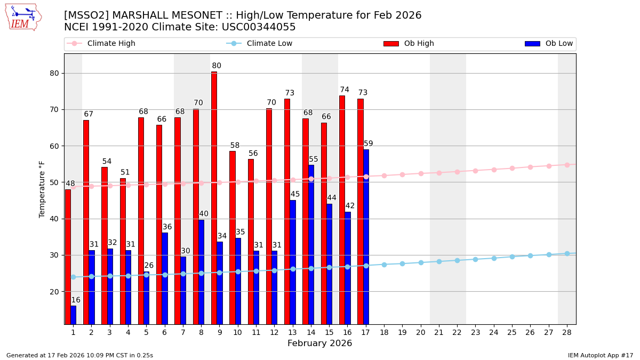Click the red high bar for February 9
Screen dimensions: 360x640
pyautogui.click(x=214, y=197)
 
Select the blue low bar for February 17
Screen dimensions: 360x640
pyautogui.click(x=366, y=237)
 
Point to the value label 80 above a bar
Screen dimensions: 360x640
pyautogui.click(x=217, y=66)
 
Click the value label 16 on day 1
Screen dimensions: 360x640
pyautogui.click(x=76, y=300)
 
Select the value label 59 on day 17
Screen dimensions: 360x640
pyautogui.click(x=369, y=144)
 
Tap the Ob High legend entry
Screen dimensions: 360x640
pyautogui.click(x=409, y=44)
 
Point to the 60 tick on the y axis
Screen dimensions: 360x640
pyautogui.click(x=54, y=146)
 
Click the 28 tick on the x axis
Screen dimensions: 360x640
pyautogui.click(x=567, y=332)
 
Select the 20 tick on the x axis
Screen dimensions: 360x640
pyautogui.click(x=421, y=332)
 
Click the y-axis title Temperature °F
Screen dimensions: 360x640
pyautogui.click(x=42, y=189)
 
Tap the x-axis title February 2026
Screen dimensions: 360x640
pyautogui.click(x=320, y=343)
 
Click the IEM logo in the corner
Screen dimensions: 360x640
pyautogui.click(x=23, y=17)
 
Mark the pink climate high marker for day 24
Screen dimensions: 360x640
pyautogui.click(x=494, y=170)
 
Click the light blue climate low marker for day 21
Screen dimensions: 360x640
pyautogui.click(x=439, y=261)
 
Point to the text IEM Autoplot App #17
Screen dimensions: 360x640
pyautogui.click(x=601, y=355)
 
